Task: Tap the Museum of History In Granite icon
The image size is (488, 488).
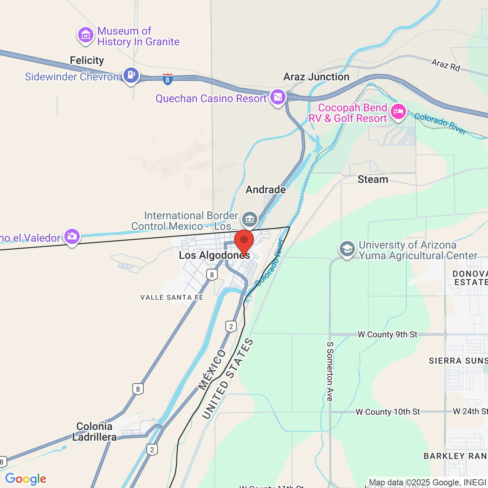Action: coord(86,35)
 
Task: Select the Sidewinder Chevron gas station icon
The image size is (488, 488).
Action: coord(131,75)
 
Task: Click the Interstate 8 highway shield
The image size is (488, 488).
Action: coord(167,79)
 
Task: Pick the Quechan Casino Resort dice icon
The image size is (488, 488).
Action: coord(278,97)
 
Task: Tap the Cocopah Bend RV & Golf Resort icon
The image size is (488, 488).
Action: coord(398,112)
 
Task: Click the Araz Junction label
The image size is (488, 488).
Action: coord(316,77)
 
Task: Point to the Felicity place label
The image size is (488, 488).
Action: coord(87,60)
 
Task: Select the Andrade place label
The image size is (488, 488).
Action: coord(266,189)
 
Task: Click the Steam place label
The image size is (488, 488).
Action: coord(372,179)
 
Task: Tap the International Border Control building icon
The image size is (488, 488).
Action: coord(250,219)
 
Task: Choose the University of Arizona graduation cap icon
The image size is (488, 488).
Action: coord(347,249)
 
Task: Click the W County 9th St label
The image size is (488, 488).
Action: coord(387,334)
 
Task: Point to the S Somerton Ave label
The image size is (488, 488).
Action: coord(330,371)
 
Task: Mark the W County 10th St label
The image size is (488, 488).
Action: coord(387,412)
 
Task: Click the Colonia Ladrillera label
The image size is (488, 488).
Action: coord(95,432)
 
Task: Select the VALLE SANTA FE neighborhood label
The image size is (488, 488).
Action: coord(172,297)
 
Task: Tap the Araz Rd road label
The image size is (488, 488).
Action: coord(446,65)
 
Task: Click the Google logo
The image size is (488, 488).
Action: coord(26,479)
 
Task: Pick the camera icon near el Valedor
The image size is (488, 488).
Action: coord(72,237)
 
